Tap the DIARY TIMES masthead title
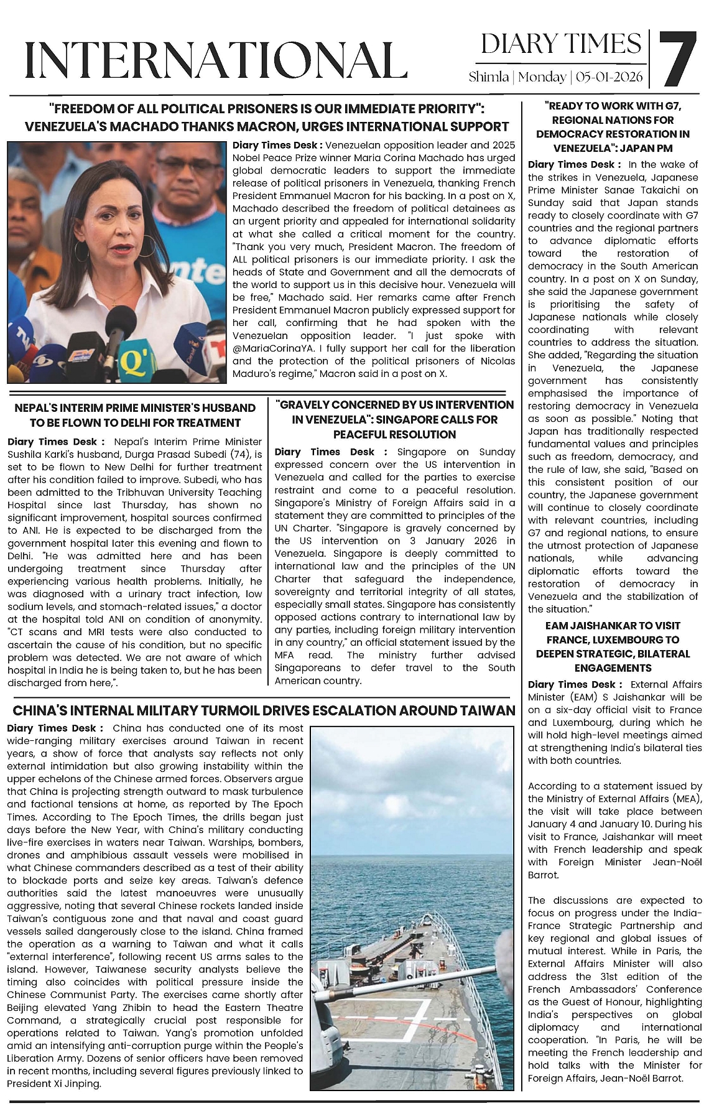coord(561,44)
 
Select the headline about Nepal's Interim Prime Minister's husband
coord(135,415)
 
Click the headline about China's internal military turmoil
coord(264,710)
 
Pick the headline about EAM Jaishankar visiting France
coord(613,646)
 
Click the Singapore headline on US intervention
coord(394,419)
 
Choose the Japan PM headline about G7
coord(613,127)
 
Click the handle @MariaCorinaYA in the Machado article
coord(271,348)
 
